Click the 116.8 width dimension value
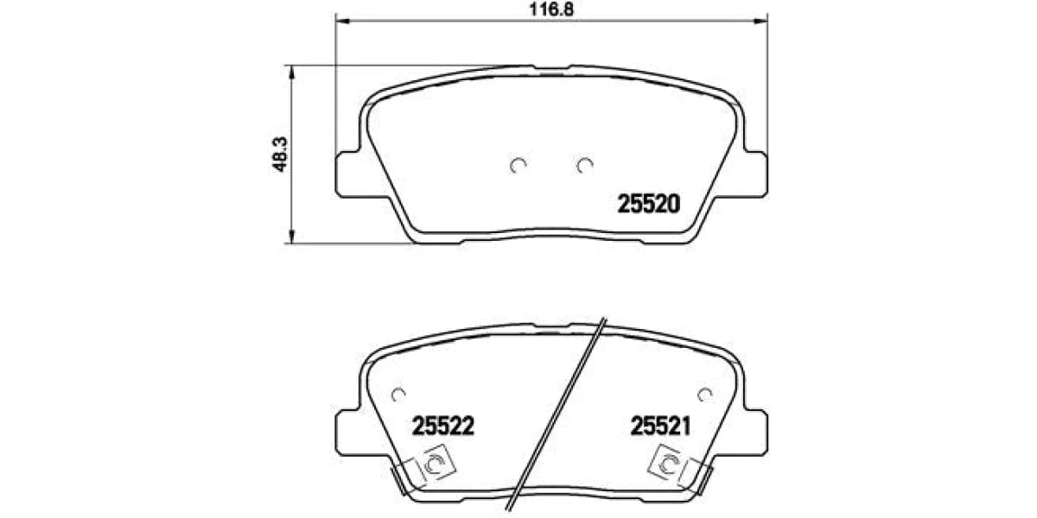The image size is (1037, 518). [551, 9]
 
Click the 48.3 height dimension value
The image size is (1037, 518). [280, 155]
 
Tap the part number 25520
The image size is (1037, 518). [649, 204]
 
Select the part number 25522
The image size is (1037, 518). [443, 426]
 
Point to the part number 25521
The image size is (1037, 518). [660, 426]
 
